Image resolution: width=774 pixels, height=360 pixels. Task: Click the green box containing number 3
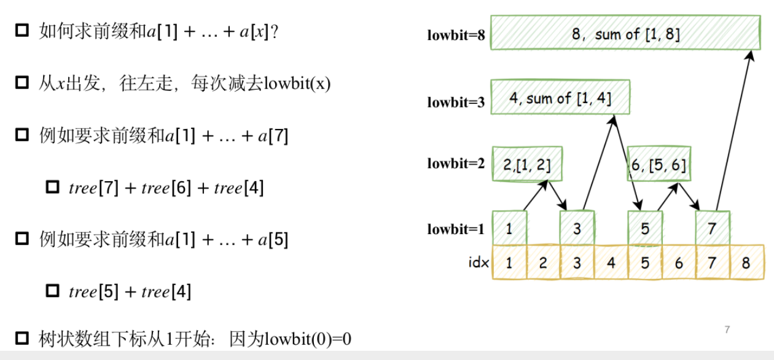577,229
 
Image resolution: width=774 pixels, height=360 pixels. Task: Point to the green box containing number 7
712,229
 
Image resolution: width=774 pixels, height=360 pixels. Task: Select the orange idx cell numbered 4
611,263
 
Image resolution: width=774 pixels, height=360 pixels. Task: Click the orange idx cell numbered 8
746,263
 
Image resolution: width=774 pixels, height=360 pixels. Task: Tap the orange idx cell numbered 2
543,263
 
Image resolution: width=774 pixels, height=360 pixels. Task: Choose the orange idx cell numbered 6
678,263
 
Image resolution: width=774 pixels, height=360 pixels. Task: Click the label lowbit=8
456,36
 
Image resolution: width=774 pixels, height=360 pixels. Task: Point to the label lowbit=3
456,103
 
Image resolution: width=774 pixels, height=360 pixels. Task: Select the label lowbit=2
456,164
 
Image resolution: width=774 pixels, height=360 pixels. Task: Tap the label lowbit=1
456,230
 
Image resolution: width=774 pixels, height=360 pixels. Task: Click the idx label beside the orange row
479,263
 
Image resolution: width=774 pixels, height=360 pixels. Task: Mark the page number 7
727,330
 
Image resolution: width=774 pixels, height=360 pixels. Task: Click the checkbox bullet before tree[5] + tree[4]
53,291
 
